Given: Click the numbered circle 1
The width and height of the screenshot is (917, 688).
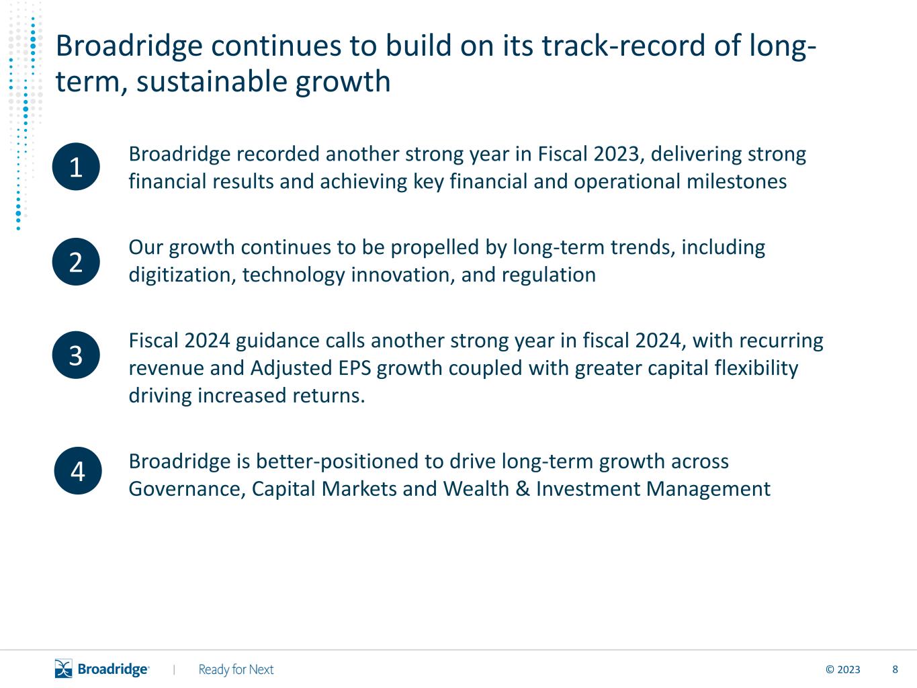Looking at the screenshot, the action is tap(76, 167).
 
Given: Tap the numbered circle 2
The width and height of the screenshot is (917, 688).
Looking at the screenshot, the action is tap(76, 262).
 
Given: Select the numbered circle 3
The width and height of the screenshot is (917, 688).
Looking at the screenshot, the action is tap(76, 355).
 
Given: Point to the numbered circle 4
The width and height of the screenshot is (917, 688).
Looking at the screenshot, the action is tap(78, 471).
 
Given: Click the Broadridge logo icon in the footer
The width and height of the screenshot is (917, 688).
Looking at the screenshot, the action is tap(64, 669).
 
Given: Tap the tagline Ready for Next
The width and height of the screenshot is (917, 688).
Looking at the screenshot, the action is tap(236, 669).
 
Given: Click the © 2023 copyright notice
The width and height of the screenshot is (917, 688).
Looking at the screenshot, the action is tap(842, 670).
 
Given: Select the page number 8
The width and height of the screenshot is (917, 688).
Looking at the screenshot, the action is tap(895, 670).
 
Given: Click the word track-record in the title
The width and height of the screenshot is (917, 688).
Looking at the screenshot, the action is tap(623, 46).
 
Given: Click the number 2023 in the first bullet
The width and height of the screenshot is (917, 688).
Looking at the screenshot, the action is tap(616, 154).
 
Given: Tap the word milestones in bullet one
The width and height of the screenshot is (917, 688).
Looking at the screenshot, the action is tap(736, 181).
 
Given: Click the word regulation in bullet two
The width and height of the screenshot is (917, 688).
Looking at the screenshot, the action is tap(549, 275).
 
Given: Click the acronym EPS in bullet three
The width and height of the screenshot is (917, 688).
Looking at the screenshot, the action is tap(355, 368).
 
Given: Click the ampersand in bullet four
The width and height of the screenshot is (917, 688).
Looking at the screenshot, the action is tap(523, 489).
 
